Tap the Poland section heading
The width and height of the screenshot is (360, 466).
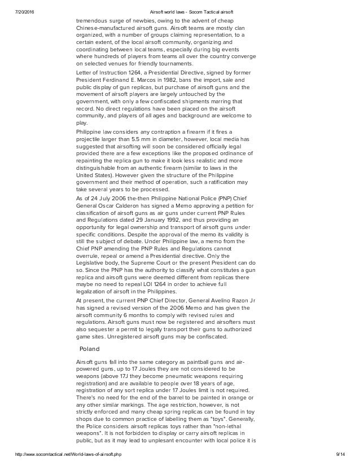tap(89, 349)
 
